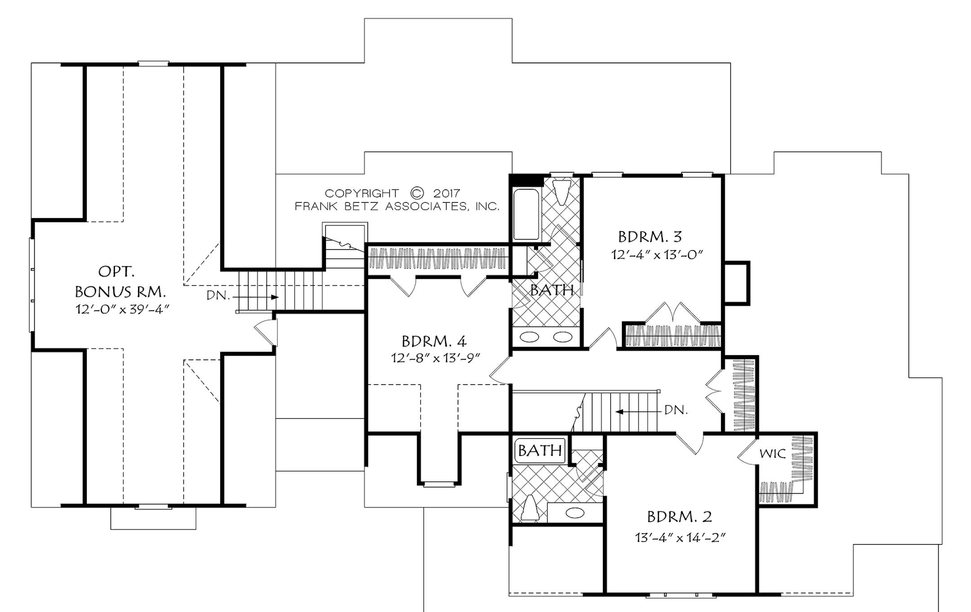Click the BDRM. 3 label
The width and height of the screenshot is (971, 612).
[x=650, y=237]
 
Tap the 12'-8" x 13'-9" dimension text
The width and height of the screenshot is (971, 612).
[x=436, y=358]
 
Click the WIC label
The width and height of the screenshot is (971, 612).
[x=772, y=454]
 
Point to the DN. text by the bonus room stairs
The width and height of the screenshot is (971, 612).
[x=218, y=296]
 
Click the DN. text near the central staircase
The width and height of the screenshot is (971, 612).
[x=676, y=410]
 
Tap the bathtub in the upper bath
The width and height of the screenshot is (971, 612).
[x=526, y=214]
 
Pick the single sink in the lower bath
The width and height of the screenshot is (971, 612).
[x=575, y=513]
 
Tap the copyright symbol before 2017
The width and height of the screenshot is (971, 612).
[x=417, y=193]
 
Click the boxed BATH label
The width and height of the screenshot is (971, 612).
[x=539, y=450]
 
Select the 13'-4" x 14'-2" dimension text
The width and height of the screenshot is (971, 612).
[x=681, y=537]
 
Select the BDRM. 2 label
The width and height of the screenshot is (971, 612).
[x=679, y=517]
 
